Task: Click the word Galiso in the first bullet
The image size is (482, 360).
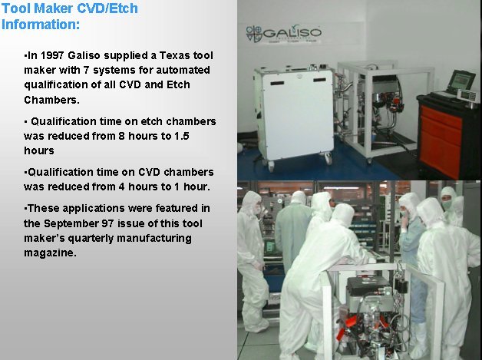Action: [84, 55]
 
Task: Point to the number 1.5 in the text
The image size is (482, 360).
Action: [182, 136]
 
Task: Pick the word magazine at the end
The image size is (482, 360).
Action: [50, 253]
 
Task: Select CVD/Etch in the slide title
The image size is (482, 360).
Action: [107, 8]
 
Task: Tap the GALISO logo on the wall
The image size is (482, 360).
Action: [283, 34]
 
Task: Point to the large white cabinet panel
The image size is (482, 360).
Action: [298, 114]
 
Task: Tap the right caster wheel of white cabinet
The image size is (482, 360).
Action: [328, 158]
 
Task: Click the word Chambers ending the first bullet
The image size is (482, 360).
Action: [51, 100]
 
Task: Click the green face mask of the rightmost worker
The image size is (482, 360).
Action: [447, 204]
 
